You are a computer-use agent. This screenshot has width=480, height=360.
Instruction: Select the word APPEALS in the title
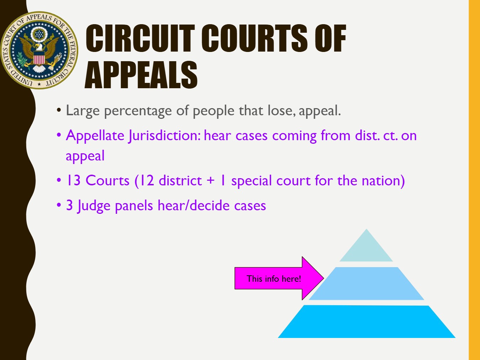point(141,75)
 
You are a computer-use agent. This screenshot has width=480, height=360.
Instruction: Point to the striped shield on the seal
point(39,58)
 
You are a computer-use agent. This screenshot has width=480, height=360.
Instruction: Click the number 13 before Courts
point(73,181)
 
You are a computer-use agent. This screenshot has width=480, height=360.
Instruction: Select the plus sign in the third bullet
point(210,181)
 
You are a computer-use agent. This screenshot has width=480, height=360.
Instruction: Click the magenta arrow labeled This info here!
point(279,278)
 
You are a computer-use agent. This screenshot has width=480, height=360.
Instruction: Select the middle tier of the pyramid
point(366,284)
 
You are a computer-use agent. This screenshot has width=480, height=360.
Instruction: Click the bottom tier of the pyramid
point(367,322)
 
